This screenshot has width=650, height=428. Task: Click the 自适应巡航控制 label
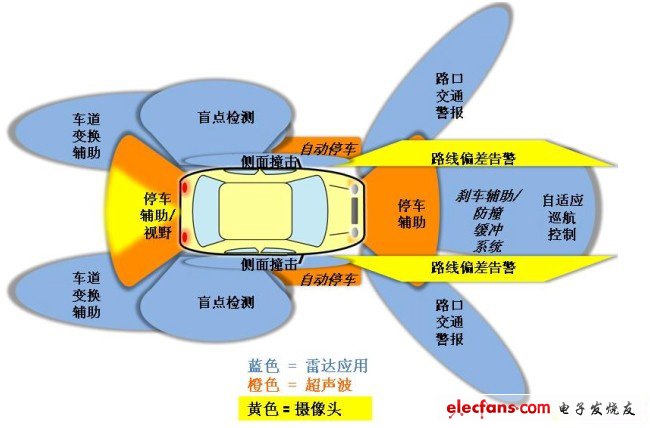tap(563, 217)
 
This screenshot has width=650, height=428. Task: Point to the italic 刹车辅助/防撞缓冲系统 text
tap(488, 221)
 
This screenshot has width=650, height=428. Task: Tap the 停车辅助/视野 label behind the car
tap(158, 215)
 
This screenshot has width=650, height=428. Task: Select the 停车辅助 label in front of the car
tap(412, 214)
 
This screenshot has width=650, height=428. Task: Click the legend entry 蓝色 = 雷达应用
tap(308, 365)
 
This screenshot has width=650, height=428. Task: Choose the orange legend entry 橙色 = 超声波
tap(300, 384)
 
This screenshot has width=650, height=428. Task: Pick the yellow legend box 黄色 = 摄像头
tap(305, 409)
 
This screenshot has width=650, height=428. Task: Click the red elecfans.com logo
tap(498, 408)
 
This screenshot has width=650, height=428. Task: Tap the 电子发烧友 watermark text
tap(597, 409)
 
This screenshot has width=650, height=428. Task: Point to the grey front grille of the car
tap(355, 211)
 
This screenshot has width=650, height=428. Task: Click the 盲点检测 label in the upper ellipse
tap(226, 117)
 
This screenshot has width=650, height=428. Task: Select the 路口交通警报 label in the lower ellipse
tap(449, 322)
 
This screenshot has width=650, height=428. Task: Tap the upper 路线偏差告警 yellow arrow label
tap(473, 158)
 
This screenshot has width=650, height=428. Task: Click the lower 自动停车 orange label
tap(327, 279)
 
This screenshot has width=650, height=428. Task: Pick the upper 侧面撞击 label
tap(269, 161)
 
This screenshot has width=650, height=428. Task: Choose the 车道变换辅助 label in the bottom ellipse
tap(87, 294)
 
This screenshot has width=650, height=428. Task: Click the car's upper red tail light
tap(185, 187)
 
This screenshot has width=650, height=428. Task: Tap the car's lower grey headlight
tap(355, 231)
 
